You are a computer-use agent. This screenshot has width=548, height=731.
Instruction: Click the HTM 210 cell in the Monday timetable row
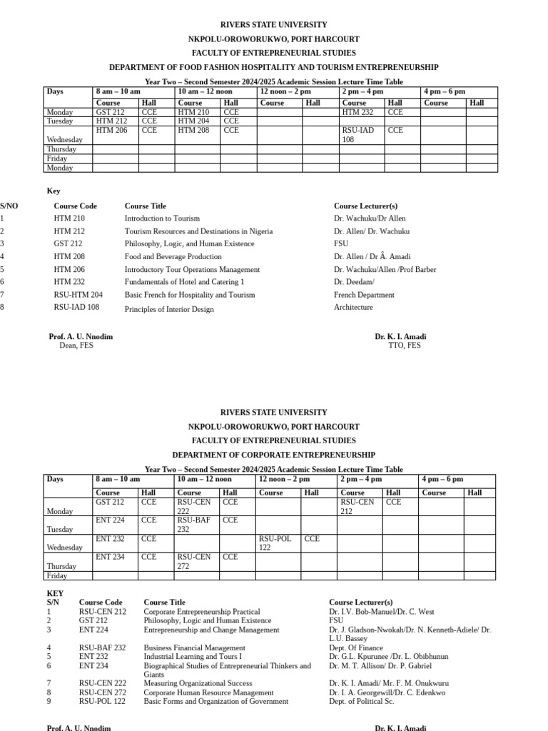coord(193,112)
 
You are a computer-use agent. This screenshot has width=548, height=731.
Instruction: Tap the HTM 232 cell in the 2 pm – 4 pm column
coord(357,112)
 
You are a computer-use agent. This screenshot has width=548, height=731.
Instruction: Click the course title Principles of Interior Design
coord(169,309)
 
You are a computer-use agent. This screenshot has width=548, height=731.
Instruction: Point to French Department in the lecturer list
coord(364,295)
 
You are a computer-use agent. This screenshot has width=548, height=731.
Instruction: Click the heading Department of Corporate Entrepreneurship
coord(273,455)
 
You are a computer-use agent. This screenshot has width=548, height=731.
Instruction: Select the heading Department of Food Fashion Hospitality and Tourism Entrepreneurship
coord(273,67)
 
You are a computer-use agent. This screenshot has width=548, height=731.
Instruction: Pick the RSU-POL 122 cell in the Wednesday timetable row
coord(275,543)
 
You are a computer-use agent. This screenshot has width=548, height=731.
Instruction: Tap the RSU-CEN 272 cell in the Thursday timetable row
coord(194,561)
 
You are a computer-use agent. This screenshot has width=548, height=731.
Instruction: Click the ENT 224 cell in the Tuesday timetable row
coord(110,520)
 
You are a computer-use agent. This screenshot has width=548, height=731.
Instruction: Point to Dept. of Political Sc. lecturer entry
coord(361,702)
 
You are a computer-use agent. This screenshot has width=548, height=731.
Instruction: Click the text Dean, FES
coord(76,346)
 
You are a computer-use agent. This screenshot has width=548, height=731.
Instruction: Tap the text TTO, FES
coord(404,346)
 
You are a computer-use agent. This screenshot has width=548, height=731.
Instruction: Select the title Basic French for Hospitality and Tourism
coord(190,295)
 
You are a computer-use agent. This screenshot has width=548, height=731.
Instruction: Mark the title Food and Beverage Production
coord(173,256)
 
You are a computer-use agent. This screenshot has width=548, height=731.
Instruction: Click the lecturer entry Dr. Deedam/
coord(354,282)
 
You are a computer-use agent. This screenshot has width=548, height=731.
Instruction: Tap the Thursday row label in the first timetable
coord(61,149)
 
